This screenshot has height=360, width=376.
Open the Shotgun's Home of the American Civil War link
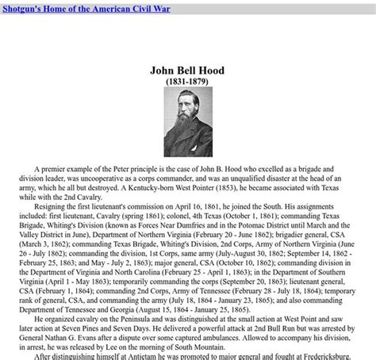(x=85, y=9)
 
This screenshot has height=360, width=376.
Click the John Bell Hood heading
(x=187, y=71)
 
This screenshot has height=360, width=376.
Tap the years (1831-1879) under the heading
(x=187, y=82)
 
